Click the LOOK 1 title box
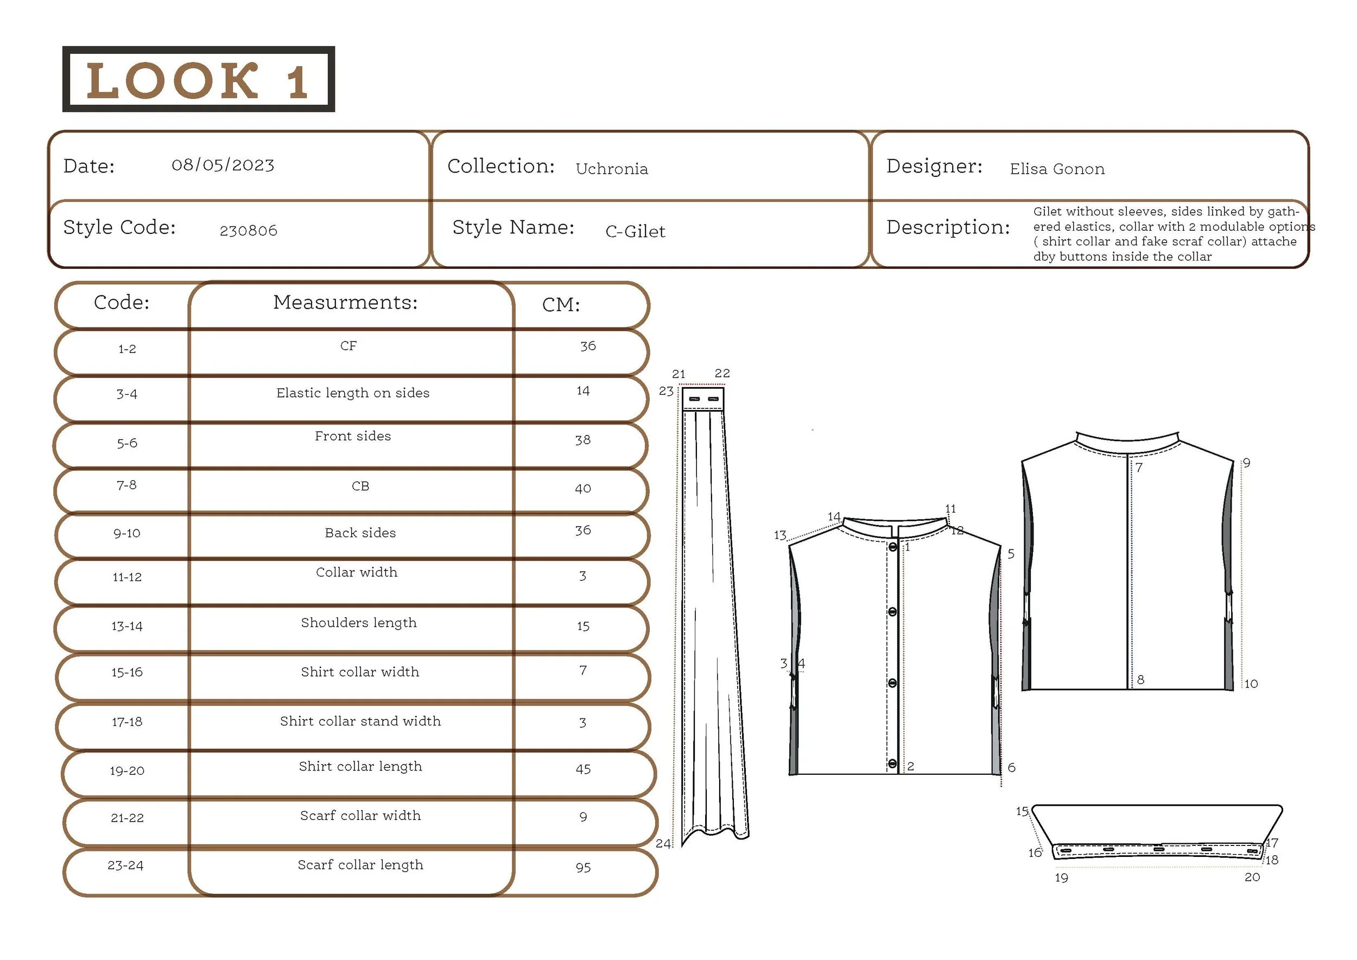point(199,79)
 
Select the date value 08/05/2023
point(223,165)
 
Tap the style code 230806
point(248,231)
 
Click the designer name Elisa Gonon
point(1057,169)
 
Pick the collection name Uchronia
point(612,169)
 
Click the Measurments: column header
point(345,302)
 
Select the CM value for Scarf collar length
point(583,867)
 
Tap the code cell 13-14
point(127,626)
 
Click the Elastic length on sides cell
point(353,393)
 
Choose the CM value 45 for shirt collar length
point(583,769)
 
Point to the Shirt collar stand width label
point(360,721)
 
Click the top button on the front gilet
point(892,547)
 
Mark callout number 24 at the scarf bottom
point(663,844)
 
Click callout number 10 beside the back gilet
point(1251,684)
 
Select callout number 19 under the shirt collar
point(1062,878)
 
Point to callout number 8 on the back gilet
point(1140,680)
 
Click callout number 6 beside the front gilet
point(1011,767)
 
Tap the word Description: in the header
point(948,228)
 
